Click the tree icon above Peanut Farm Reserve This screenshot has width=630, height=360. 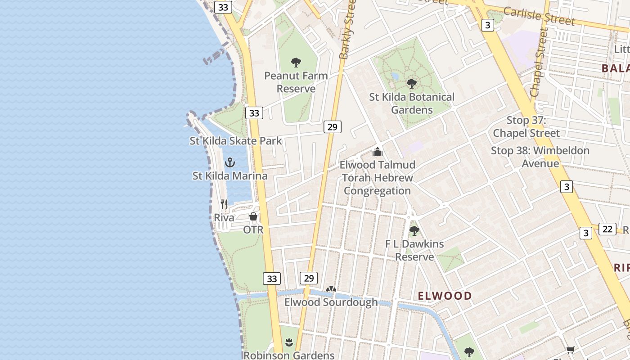[296, 63]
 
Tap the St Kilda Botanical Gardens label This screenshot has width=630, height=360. [412, 103]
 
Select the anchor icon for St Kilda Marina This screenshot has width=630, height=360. [230, 162]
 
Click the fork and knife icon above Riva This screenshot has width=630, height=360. [224, 204]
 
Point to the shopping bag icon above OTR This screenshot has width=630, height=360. [253, 217]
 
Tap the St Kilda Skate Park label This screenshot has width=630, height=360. [235, 141]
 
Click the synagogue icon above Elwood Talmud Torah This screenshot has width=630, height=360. [378, 152]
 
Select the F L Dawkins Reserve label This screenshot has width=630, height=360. [414, 250]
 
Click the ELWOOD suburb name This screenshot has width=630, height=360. [445, 296]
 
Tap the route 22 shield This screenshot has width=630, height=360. [607, 229]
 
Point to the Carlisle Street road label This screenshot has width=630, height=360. [539, 16]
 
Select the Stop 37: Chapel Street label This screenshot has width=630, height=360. [526, 127]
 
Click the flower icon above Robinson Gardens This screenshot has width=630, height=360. [289, 342]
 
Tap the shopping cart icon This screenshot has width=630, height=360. [570, 350]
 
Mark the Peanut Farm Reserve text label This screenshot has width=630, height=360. [296, 82]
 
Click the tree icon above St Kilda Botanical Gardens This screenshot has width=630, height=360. [411, 83]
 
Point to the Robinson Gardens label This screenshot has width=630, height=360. [289, 355]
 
